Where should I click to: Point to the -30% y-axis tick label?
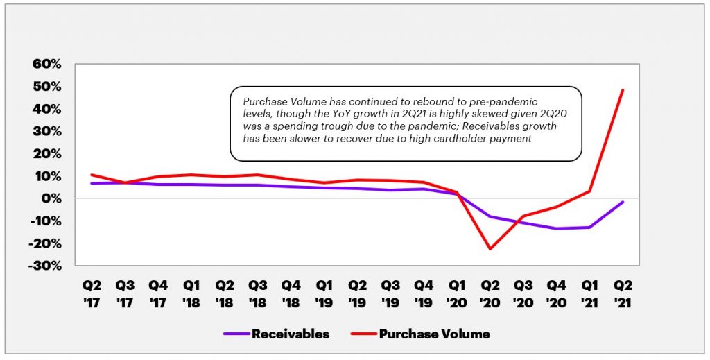click(x=46, y=266)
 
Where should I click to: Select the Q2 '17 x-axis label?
click(x=92, y=293)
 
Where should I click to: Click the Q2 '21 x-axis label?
click(x=623, y=293)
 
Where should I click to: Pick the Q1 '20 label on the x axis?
click(x=457, y=293)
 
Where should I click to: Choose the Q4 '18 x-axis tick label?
click(x=291, y=293)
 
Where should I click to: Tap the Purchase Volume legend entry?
click(x=434, y=334)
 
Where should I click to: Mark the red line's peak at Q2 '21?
click(x=623, y=90)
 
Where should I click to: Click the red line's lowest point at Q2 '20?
click(x=490, y=248)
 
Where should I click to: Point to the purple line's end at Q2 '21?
click(x=623, y=202)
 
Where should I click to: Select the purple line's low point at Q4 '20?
click(x=556, y=228)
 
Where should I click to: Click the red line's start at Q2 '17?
click(x=92, y=175)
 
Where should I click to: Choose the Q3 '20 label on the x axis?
click(x=523, y=293)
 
